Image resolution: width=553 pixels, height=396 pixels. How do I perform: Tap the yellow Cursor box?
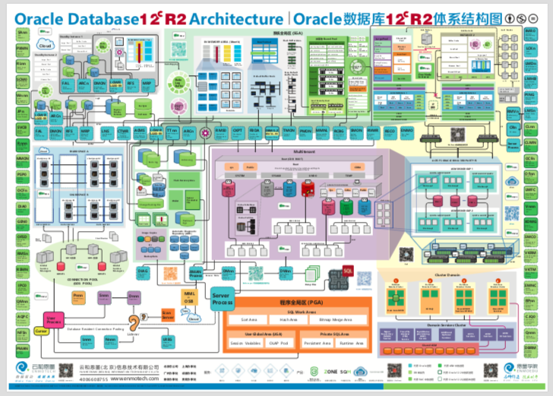point(41,331)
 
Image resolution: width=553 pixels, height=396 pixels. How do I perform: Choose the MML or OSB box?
point(190,297)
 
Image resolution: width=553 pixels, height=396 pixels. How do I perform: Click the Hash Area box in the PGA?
point(288,320)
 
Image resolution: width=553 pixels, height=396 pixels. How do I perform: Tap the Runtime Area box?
point(349,344)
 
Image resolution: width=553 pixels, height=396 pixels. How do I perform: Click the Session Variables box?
point(241,344)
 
